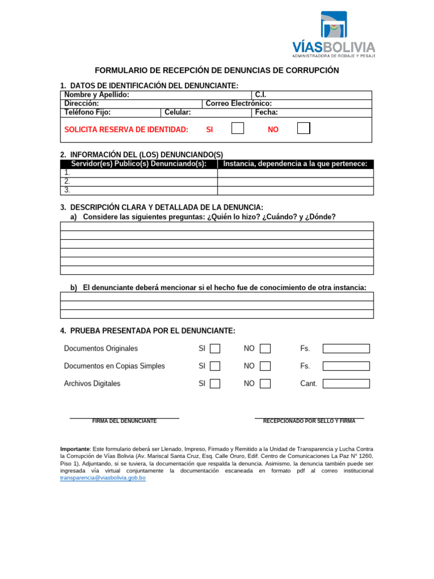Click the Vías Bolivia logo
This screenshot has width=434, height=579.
(333, 34)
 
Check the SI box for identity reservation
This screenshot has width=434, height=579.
(238, 128)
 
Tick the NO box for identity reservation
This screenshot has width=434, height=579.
(303, 128)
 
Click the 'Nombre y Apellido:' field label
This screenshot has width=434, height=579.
(97, 95)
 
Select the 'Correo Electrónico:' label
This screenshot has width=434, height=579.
(238, 103)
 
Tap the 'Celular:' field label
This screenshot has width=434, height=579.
(178, 113)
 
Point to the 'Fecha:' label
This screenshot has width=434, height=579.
(267, 113)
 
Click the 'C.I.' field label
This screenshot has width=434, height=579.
(261, 95)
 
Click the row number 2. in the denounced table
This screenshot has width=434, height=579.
(67, 182)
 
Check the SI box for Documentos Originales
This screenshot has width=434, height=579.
(215, 348)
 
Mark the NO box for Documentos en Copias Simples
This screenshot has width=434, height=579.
(265, 366)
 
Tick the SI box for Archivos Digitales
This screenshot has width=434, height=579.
(215, 383)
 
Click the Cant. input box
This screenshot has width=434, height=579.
(346, 383)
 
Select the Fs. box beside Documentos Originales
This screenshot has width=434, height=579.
(346, 348)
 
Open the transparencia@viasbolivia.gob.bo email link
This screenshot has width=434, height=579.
(103, 478)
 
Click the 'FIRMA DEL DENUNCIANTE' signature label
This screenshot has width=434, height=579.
(124, 421)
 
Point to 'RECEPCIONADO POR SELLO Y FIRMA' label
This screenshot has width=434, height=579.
(309, 421)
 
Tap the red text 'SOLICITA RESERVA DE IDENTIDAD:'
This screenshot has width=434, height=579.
(126, 130)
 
